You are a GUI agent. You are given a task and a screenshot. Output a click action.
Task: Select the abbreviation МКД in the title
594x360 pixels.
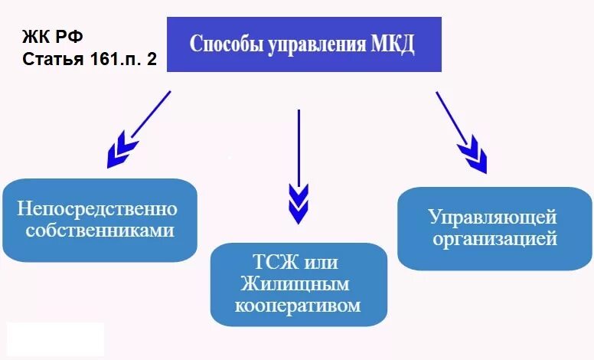(391, 44)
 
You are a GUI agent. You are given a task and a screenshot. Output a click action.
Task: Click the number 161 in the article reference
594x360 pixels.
(103, 60)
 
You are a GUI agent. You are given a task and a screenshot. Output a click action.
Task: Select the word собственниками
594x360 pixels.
(100, 229)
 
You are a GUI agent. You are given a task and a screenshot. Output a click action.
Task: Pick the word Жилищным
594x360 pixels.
(295, 284)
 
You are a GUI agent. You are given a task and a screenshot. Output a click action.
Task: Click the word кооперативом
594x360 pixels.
(298, 305)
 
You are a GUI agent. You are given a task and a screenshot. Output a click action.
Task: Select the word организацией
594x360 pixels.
(494, 239)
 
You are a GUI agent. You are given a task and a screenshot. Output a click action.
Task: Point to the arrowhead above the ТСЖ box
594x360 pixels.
(299, 204)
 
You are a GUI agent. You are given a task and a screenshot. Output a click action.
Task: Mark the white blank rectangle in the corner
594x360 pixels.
(55, 339)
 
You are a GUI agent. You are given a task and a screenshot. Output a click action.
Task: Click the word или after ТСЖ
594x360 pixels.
(321, 263)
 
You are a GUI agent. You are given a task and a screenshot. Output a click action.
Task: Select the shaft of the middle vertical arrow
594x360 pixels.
(299, 146)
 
